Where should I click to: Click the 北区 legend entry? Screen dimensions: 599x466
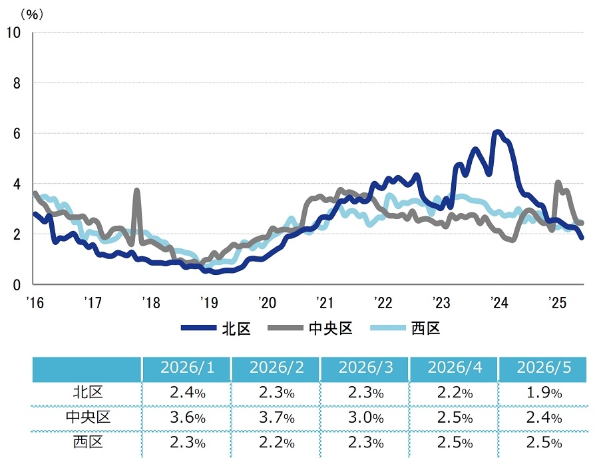[x=216, y=328]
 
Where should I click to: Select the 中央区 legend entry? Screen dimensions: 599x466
[x=309, y=328]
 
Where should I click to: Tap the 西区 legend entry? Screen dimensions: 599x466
[x=405, y=328]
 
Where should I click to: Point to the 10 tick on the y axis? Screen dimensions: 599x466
[x=13, y=33]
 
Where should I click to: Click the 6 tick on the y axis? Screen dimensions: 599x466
[x=17, y=133]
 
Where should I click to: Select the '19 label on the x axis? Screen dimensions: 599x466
[x=208, y=302]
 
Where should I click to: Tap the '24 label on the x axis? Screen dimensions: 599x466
[x=499, y=302]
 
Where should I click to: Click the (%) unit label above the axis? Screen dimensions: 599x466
[x=32, y=15]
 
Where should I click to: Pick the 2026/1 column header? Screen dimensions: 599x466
[x=187, y=367]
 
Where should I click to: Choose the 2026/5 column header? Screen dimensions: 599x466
[x=544, y=367]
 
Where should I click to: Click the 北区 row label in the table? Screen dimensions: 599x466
[x=88, y=392]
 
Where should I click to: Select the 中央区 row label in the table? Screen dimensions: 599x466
[x=88, y=417]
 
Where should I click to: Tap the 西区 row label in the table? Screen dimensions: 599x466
[x=88, y=442]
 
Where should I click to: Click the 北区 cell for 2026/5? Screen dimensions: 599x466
[x=544, y=393]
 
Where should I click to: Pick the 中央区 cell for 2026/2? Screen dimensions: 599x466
[x=277, y=417]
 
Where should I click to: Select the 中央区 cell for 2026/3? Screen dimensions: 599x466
[x=365, y=417]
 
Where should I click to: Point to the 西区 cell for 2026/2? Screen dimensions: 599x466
[x=277, y=443]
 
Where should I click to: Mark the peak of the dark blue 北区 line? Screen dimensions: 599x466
[x=497, y=132]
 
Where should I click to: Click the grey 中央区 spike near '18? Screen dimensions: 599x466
[x=136, y=190]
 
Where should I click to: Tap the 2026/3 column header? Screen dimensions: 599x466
[x=365, y=367]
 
